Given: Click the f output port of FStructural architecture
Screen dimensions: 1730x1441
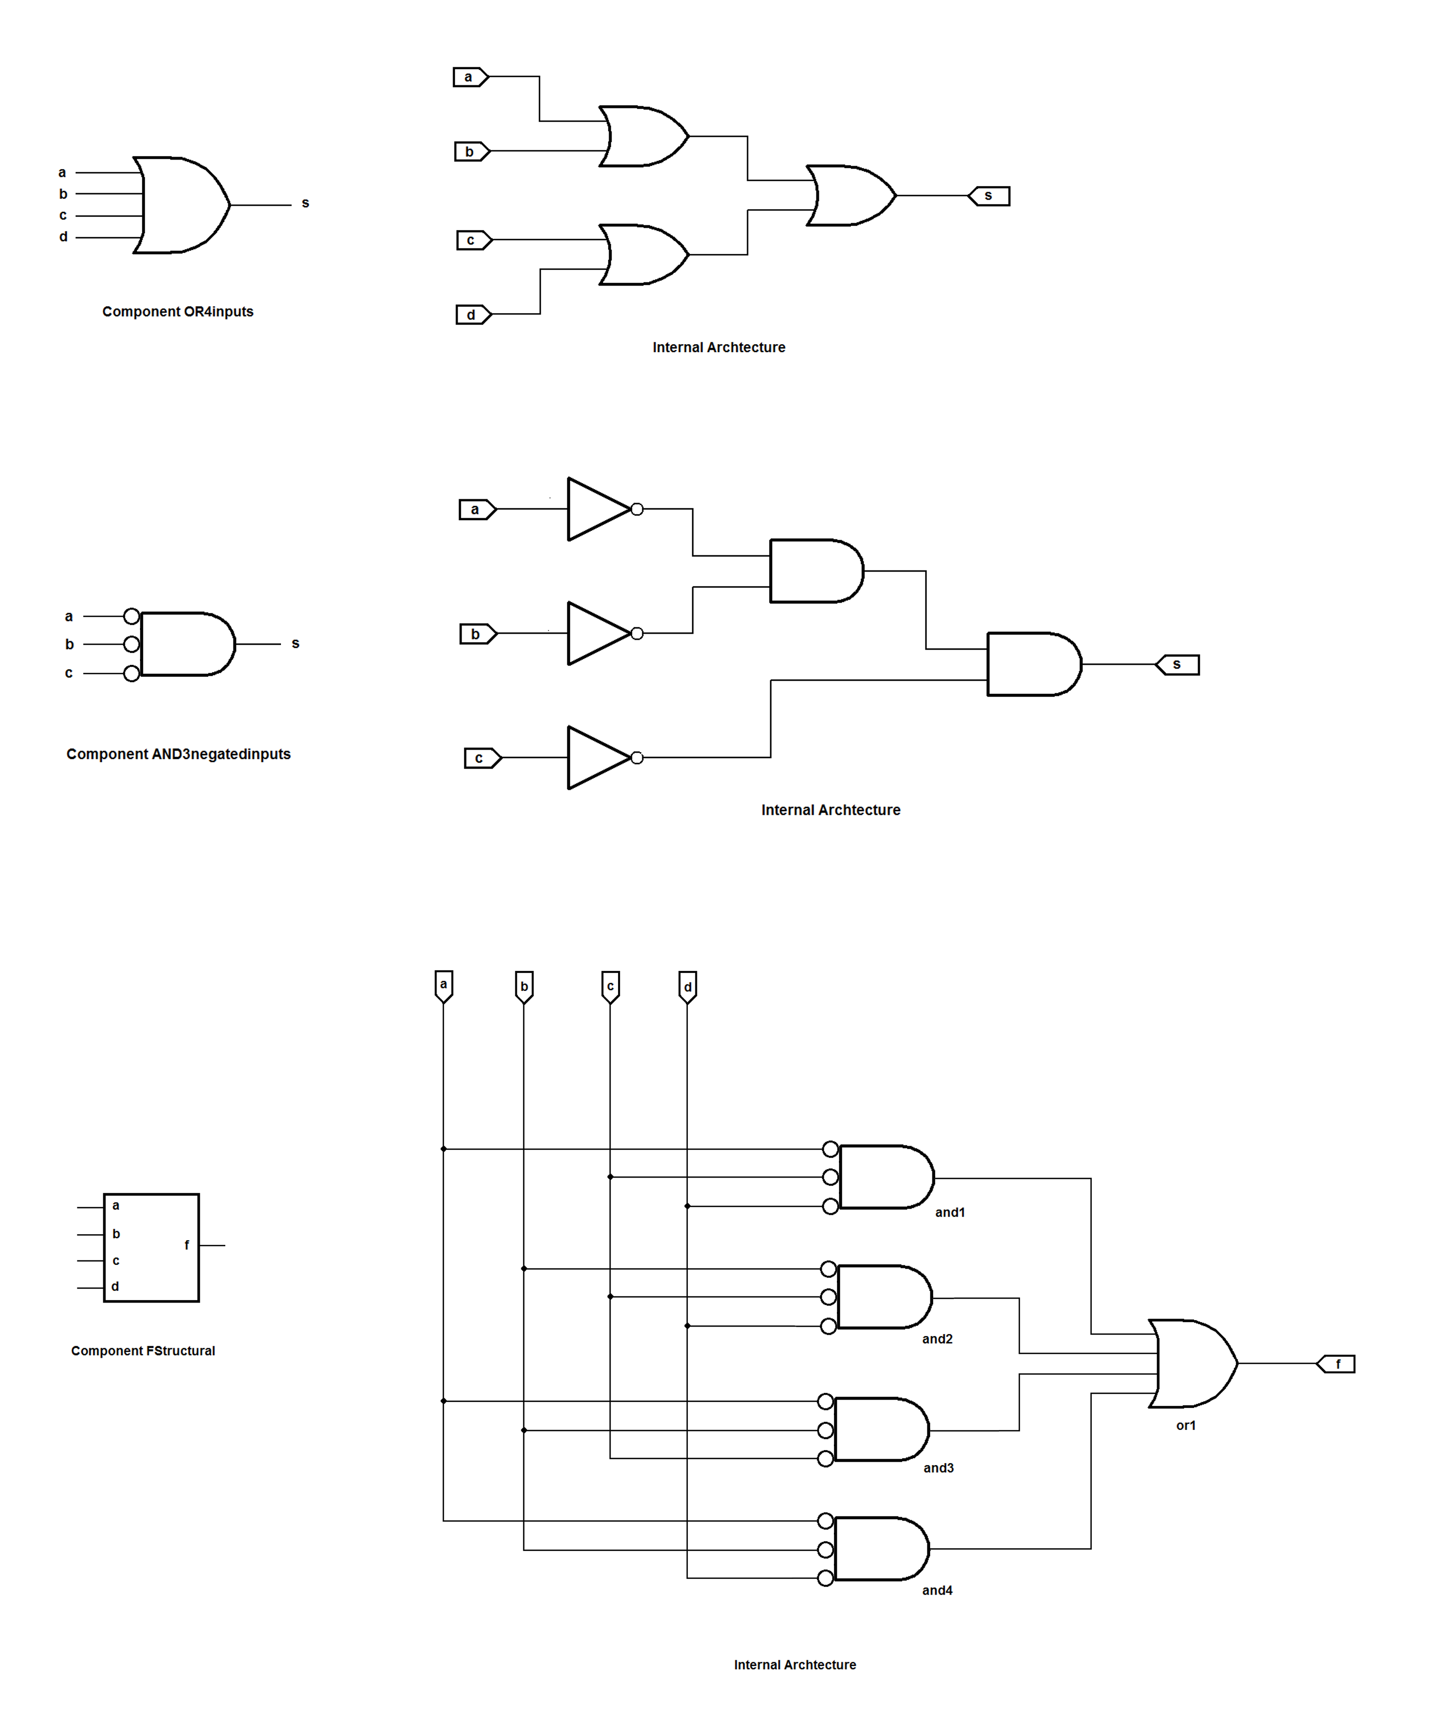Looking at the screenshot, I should pyautogui.click(x=1336, y=1364).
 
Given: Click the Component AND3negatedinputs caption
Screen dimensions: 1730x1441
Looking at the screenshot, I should pyautogui.click(x=178, y=754).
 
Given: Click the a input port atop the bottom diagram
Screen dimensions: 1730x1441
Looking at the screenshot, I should pyautogui.click(x=443, y=984).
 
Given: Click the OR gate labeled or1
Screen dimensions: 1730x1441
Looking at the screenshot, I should pyautogui.click(x=1192, y=1363).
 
